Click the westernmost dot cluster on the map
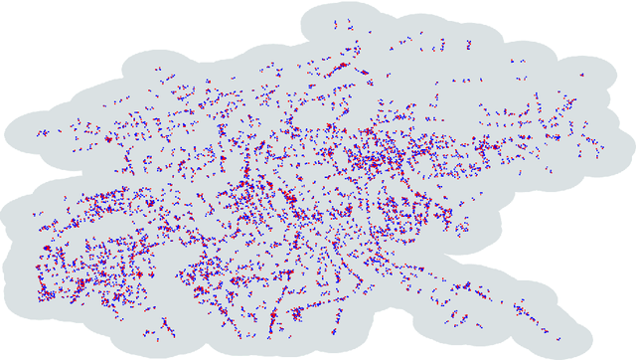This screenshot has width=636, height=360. (x=43, y=132)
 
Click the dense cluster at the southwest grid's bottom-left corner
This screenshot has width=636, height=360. (x=45, y=294)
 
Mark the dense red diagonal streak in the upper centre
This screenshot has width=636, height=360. (x=343, y=70)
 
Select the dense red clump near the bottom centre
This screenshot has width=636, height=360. (x=270, y=316)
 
